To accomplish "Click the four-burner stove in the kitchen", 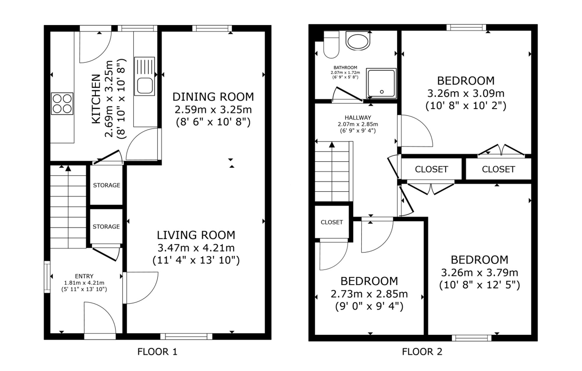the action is pos(62,103).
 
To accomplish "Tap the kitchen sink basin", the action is pos(145,86).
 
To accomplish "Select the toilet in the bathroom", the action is pos(331,45).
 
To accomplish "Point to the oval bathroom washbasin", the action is pos(358,41).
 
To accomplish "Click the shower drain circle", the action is pos(382,92).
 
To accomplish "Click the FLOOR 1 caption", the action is pos(157,352).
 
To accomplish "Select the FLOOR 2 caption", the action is pos(422,352).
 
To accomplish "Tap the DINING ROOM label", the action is pos(213,97).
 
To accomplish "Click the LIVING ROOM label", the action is pos(196,235).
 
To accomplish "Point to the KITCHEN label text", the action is pos(96,99).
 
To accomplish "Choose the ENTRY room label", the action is pos(84,276).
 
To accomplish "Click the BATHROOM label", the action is pos(345,68).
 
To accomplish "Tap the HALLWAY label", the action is pos(358,118).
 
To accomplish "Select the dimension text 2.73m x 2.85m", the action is pos(369,294).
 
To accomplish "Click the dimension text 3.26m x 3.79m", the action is pos(480,273).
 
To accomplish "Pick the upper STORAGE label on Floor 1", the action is pos(107,185).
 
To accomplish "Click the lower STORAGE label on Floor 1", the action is pos(106,227).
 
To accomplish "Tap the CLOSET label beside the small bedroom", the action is pos(332,222).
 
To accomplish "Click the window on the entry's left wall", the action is pos(47,277).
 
